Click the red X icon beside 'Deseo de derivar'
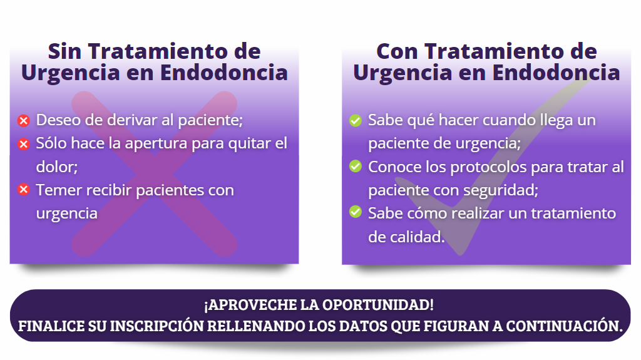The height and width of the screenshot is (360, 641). pyautogui.click(x=24, y=121)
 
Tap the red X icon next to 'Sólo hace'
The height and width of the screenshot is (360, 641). pyautogui.click(x=24, y=144)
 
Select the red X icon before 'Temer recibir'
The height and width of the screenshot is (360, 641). pyautogui.click(x=24, y=190)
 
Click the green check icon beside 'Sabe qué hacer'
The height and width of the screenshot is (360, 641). pyautogui.click(x=356, y=121)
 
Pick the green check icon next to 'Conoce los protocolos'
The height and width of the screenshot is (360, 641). pyautogui.click(x=356, y=166)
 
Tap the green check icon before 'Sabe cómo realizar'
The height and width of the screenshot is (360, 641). pyautogui.click(x=356, y=212)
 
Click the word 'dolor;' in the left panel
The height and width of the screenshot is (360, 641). pyautogui.click(x=57, y=167)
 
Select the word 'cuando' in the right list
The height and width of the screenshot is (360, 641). pyautogui.click(x=509, y=120)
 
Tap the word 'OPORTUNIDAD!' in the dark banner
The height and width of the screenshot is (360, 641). pyautogui.click(x=377, y=305)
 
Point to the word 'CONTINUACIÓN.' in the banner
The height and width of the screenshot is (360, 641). pyautogui.click(x=564, y=326)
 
